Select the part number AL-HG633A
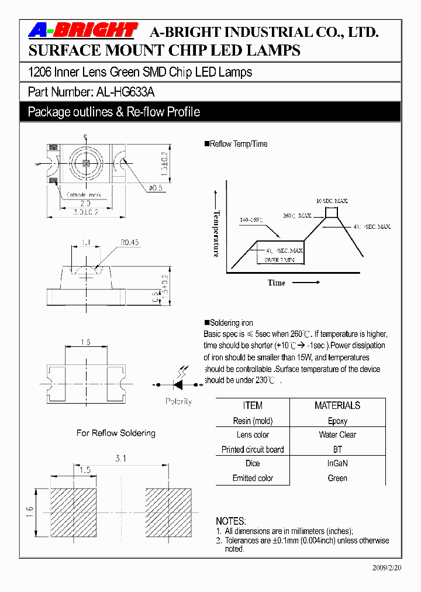tap(124, 92)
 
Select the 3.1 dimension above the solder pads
tap(120, 459)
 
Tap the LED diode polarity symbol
tap(178, 384)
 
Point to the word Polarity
tap(178, 402)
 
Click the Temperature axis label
tap(216, 233)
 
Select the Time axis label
tap(277, 283)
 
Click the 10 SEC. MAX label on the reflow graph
tap(332, 201)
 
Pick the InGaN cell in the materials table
tap(337, 463)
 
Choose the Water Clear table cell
tap(337, 435)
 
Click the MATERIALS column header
tap(337, 405)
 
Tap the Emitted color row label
tap(253, 478)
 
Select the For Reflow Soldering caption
tap(116, 433)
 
